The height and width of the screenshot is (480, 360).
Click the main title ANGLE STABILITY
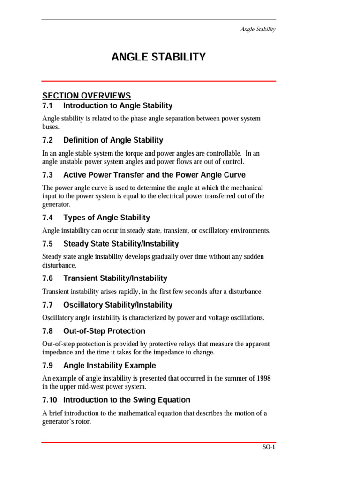click(x=158, y=57)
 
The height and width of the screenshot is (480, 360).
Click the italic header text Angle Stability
click(x=258, y=29)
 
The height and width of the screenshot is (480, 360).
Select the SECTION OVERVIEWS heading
click(x=86, y=96)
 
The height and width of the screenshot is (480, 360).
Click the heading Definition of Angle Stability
click(x=113, y=140)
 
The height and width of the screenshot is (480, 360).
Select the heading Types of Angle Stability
click(x=106, y=217)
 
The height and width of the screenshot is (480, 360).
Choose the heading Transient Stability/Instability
click(x=115, y=278)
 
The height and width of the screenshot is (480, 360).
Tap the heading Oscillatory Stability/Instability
click(x=118, y=305)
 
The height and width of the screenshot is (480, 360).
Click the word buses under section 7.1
click(x=51, y=127)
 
